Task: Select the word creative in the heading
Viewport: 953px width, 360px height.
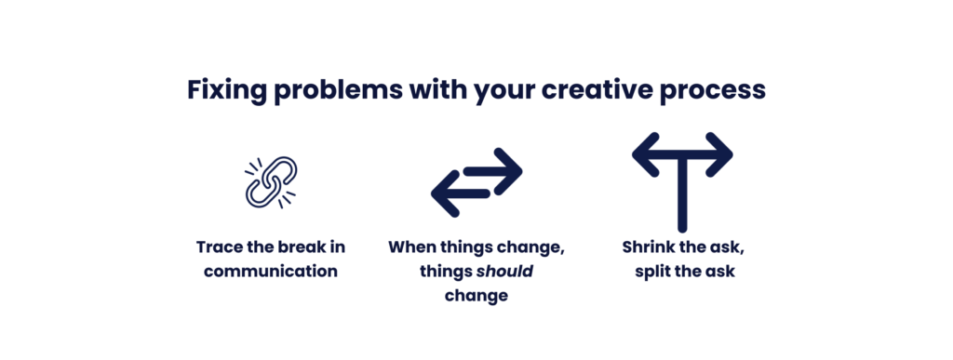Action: tap(607, 89)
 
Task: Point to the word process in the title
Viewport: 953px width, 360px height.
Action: tap(718, 90)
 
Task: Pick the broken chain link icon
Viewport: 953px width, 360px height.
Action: tap(271, 180)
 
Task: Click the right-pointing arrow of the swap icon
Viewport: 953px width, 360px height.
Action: tap(494, 169)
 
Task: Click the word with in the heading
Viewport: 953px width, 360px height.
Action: tap(434, 89)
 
